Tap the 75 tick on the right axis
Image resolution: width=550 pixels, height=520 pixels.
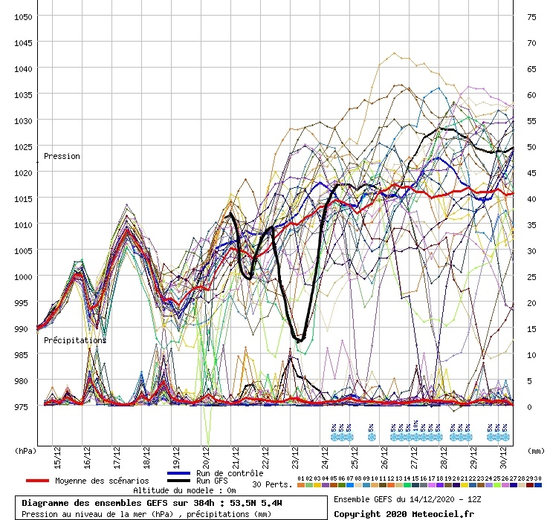pyautogui.click(x=531, y=16)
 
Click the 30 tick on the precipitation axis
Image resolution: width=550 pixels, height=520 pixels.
pyautogui.click(x=531, y=250)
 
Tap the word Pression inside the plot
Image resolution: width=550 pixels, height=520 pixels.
pyautogui.click(x=62, y=157)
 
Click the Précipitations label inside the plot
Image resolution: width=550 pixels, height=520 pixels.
pyautogui.click(x=74, y=340)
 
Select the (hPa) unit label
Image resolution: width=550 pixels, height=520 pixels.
pyautogui.click(x=25, y=450)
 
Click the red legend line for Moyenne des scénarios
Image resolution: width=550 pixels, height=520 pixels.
pyautogui.click(x=48, y=481)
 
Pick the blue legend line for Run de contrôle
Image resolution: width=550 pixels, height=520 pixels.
pyautogui.click(x=179, y=473)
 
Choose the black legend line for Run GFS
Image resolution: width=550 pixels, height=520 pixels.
pyautogui.click(x=179, y=481)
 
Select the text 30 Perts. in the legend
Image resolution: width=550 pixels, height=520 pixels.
pyautogui.click(x=272, y=484)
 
